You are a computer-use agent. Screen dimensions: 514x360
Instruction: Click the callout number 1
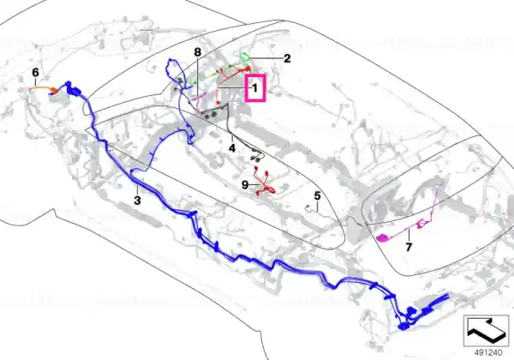click(x=254, y=88)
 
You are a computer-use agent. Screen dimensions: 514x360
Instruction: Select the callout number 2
click(x=287, y=58)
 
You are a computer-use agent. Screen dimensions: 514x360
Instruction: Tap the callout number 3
click(x=137, y=201)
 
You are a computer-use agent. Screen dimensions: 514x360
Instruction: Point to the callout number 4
click(x=232, y=148)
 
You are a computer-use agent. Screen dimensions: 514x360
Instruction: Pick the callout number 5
click(x=317, y=196)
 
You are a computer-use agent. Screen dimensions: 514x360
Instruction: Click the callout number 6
click(x=35, y=73)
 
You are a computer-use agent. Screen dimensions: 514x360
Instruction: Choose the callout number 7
click(x=409, y=247)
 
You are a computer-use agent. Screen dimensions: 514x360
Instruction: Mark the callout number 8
click(x=197, y=52)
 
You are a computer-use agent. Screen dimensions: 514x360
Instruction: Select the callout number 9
click(x=245, y=185)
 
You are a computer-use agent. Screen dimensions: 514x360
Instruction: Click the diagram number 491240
click(x=488, y=353)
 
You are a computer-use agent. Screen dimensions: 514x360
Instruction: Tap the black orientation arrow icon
click(x=486, y=329)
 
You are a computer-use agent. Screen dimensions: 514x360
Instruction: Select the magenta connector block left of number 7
click(x=383, y=238)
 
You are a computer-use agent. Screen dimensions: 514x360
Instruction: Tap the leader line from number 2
click(x=266, y=58)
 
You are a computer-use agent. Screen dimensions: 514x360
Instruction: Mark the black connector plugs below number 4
click(x=258, y=156)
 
